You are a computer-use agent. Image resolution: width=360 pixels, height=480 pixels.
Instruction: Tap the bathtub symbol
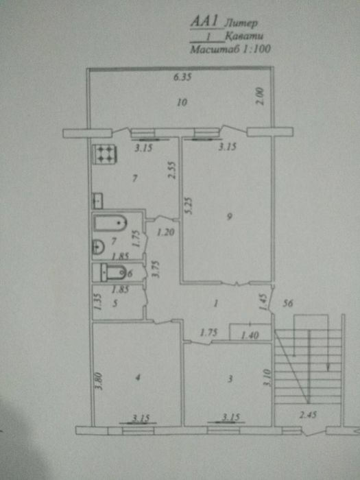[x=110, y=224]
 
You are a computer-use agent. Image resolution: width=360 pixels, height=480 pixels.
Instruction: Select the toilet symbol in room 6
[x=109, y=272]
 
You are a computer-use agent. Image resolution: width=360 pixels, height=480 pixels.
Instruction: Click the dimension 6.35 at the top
[x=182, y=77]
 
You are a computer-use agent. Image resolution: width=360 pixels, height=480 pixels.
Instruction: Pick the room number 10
[x=181, y=103]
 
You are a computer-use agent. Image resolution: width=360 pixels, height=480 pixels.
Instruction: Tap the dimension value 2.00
[x=261, y=96]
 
